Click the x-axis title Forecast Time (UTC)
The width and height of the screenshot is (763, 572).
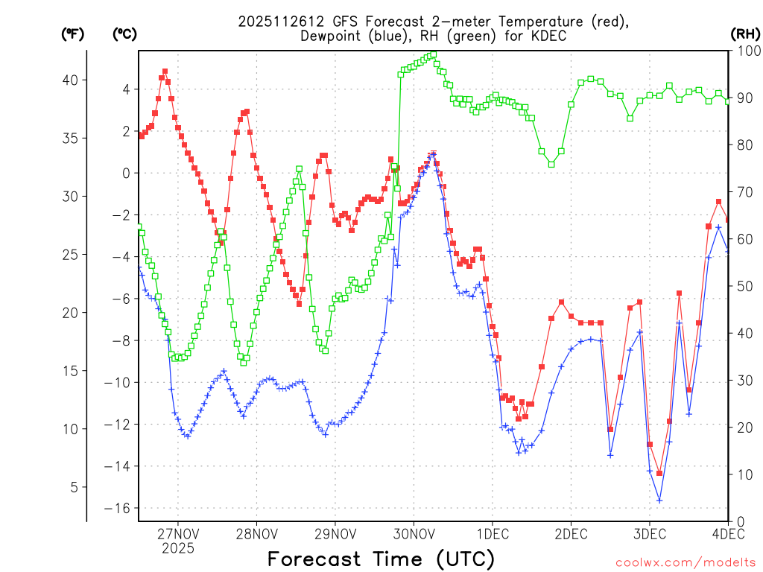[x=381, y=559]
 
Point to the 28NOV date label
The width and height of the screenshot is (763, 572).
[x=256, y=534]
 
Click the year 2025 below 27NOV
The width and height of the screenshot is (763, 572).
[x=177, y=548]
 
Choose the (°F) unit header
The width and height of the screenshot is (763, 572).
[x=72, y=34]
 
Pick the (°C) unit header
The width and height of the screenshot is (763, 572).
[x=124, y=34]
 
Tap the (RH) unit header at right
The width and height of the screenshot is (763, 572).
[x=744, y=34]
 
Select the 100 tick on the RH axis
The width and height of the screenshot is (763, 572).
[x=746, y=51]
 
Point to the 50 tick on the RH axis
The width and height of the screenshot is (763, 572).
[x=742, y=286]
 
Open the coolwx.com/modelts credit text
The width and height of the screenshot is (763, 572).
[x=686, y=562]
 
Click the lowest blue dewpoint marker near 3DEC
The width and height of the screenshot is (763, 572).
[x=659, y=500]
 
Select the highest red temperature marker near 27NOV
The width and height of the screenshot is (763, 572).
[x=165, y=71]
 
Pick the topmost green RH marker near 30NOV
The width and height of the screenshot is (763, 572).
[x=434, y=54]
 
